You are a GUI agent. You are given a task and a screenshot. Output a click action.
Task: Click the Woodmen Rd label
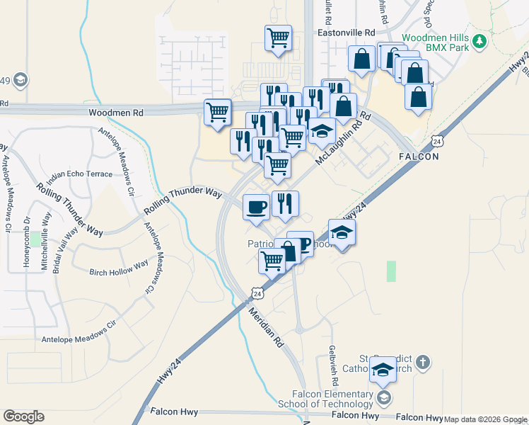(116, 113)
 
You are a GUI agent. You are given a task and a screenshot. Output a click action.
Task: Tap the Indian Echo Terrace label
(80, 174)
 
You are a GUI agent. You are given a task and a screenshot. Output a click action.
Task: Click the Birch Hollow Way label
(119, 268)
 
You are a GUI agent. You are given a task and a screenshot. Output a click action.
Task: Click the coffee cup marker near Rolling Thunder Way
(256, 207)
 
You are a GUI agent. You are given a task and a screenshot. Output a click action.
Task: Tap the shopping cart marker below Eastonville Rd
(278, 38)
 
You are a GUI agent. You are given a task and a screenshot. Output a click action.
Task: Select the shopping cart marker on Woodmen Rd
(217, 111)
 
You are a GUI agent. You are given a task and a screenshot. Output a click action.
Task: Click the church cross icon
(422, 363)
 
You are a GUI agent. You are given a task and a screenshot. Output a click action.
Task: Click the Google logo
(23, 416)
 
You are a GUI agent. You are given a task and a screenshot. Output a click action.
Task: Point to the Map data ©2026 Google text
(486, 419)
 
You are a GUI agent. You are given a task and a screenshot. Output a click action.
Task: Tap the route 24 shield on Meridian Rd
(256, 293)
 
